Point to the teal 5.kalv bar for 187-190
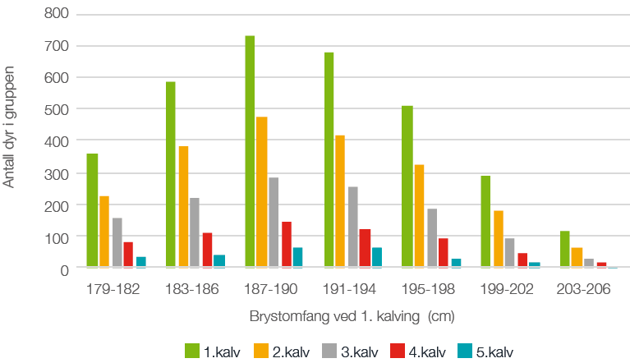(x=297, y=258)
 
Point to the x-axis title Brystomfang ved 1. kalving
(x=352, y=316)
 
